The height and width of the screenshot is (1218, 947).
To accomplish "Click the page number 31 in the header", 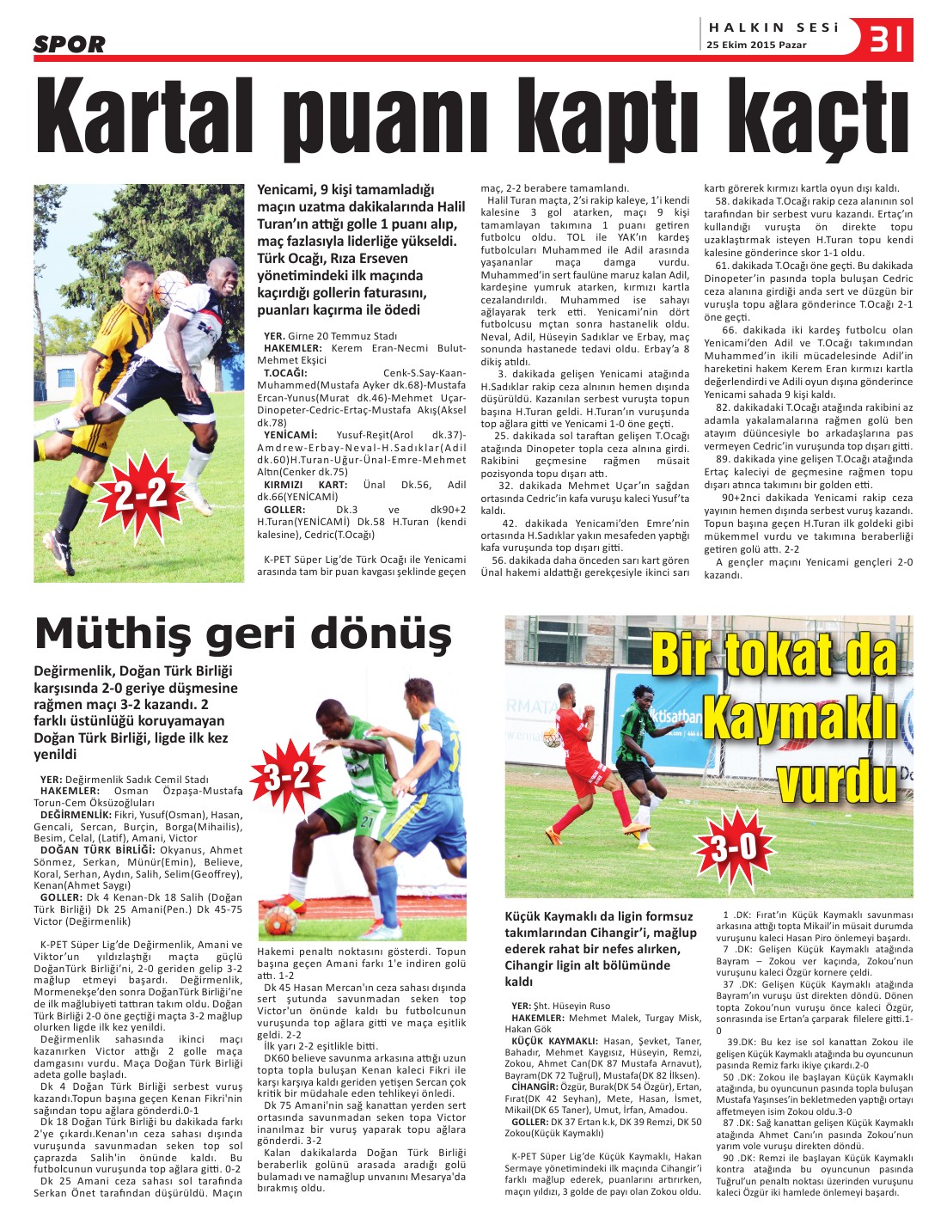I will pyautogui.click(x=887, y=39).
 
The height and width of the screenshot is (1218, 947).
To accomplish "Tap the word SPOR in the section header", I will pyautogui.click(x=69, y=44).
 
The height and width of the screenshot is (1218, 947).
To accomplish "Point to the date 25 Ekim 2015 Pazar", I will pyautogui.click(x=756, y=46).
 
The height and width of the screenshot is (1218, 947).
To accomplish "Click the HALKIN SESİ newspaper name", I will pyautogui.click(x=773, y=28).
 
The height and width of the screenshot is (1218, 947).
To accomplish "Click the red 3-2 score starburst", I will pyautogui.click(x=287, y=778).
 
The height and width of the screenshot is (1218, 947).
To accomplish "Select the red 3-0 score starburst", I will pyautogui.click(x=733, y=847).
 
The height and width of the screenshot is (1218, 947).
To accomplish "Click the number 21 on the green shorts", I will pyautogui.click(x=366, y=822).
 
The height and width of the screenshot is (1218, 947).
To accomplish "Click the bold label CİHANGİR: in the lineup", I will pyautogui.click(x=535, y=1086).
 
